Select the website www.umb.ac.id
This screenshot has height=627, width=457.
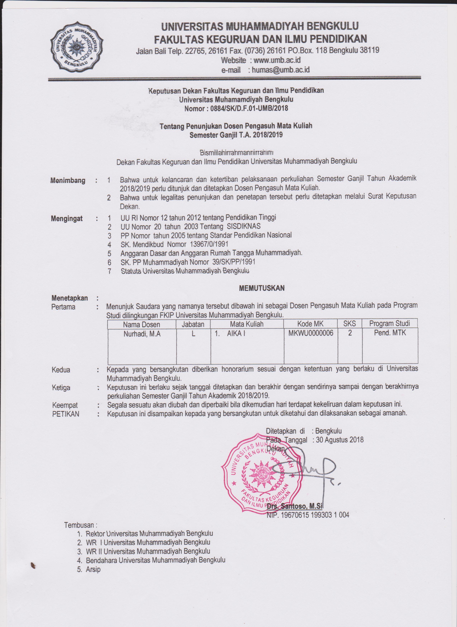coord(277,60)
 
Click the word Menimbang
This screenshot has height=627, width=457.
coord(68,181)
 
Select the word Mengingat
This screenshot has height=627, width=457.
coord(67,219)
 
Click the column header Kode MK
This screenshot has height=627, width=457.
coord(310,324)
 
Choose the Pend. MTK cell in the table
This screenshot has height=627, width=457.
coord(390,333)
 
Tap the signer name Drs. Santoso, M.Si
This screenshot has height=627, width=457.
coord(295,506)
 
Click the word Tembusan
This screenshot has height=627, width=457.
coord(80,525)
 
